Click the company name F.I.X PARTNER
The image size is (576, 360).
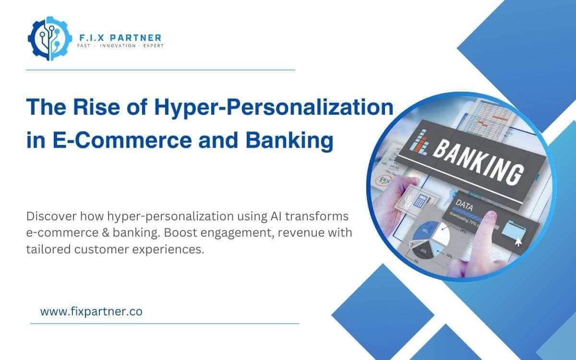point(120,37)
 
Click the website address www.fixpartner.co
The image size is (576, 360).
point(91,312)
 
